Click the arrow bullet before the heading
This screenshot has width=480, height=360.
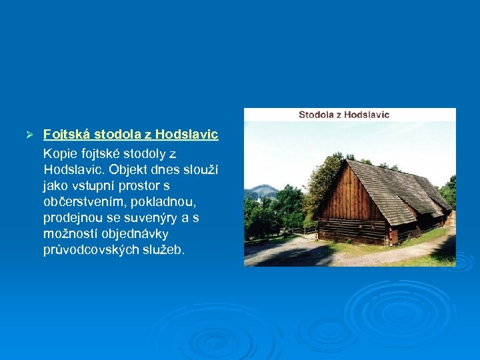29,135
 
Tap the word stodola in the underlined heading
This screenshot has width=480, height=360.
114,135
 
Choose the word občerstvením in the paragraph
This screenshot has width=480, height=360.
82,202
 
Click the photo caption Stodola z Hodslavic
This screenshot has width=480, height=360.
343,115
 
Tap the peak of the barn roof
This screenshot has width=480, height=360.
347,159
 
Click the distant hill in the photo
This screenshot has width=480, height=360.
262,191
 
